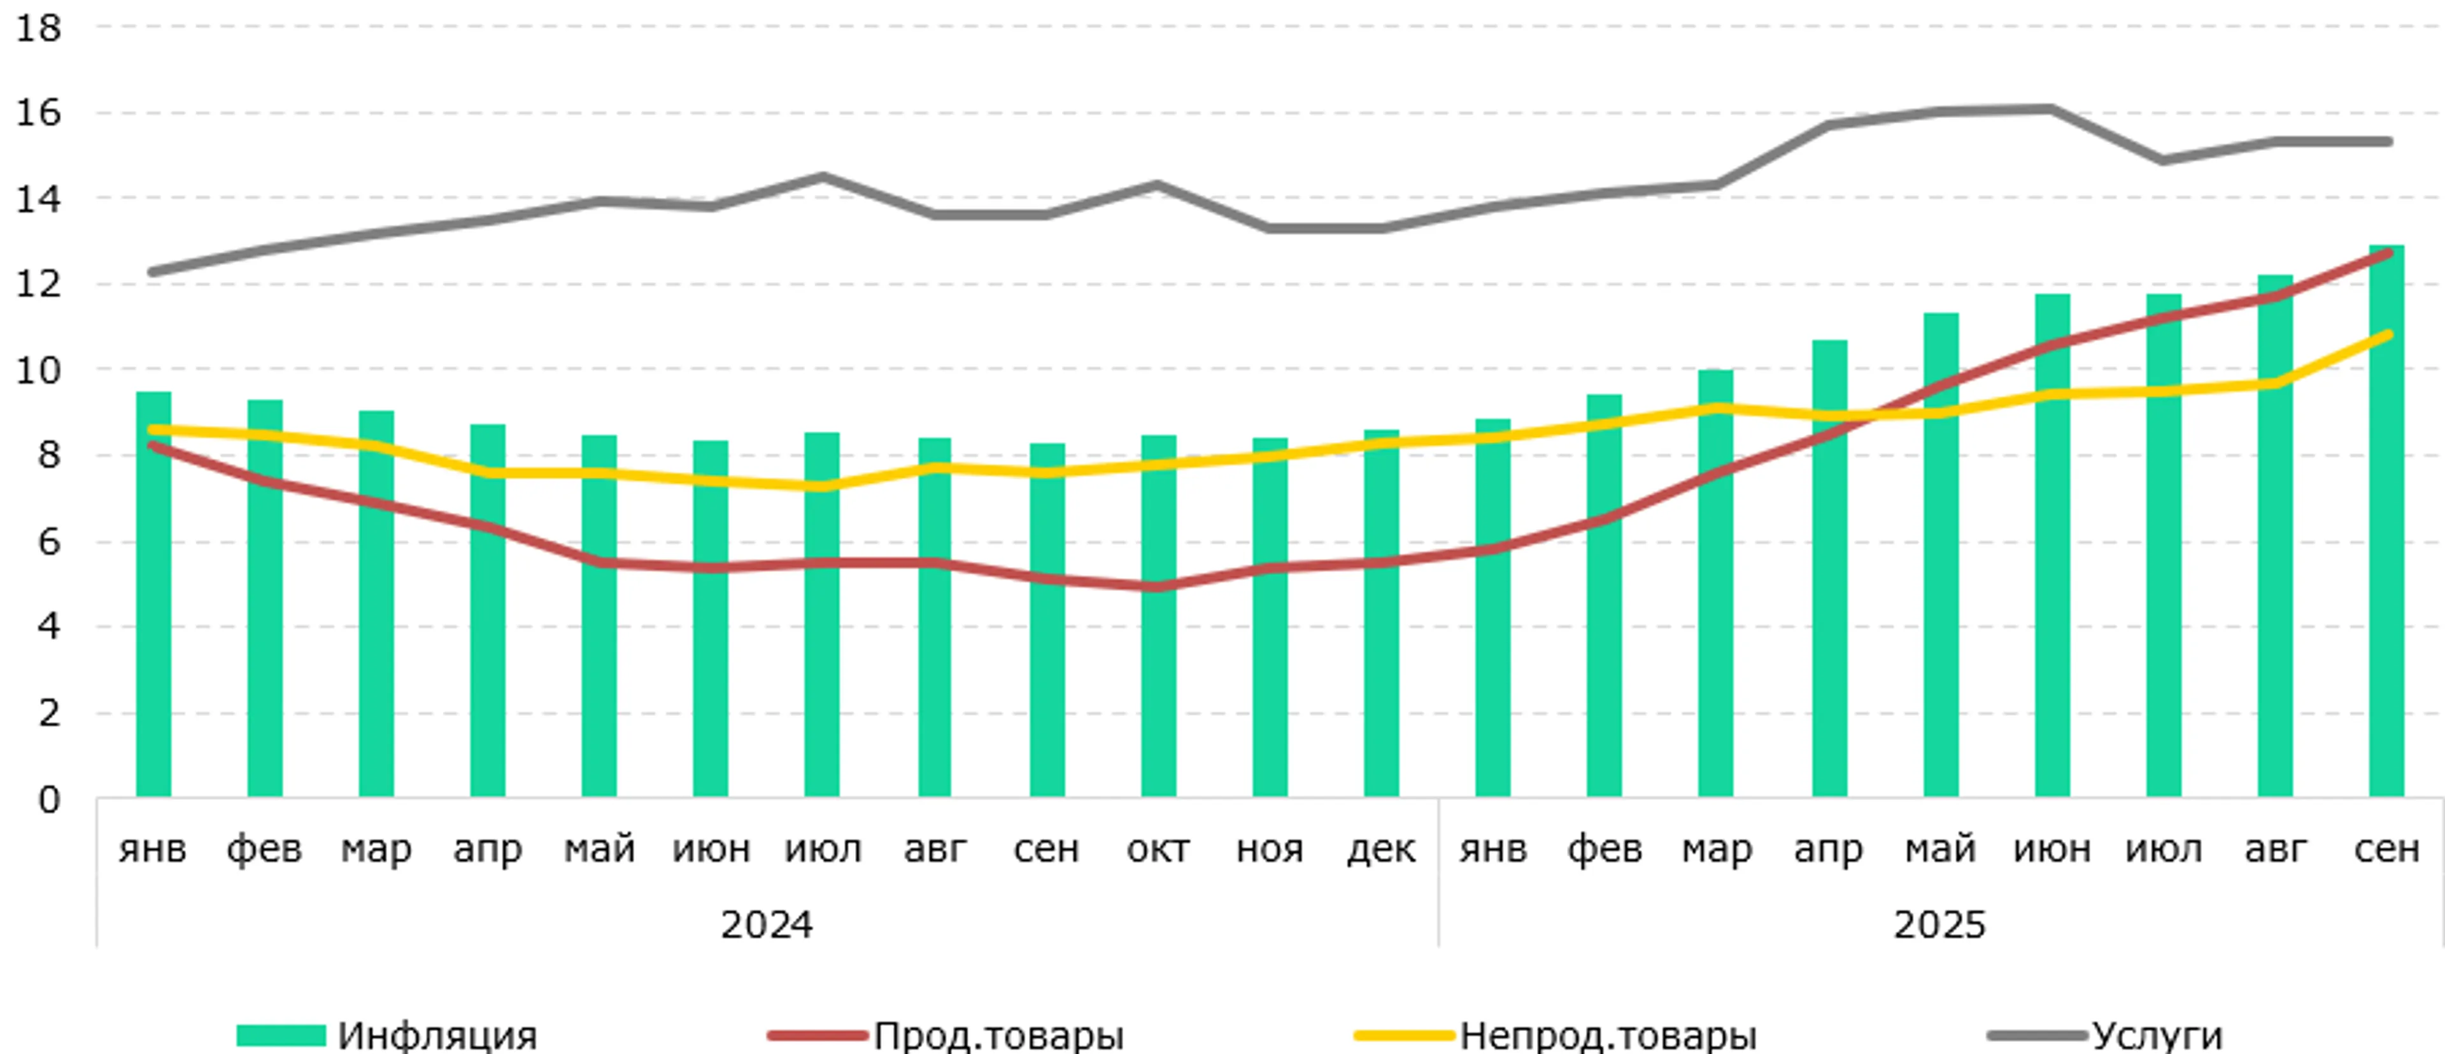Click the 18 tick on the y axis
(x=38, y=29)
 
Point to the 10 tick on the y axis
(x=38, y=369)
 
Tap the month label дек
(x=1381, y=848)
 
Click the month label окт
(x=1158, y=848)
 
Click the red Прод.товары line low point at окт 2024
(x=1158, y=587)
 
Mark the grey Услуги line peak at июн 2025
(x=2051, y=109)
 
